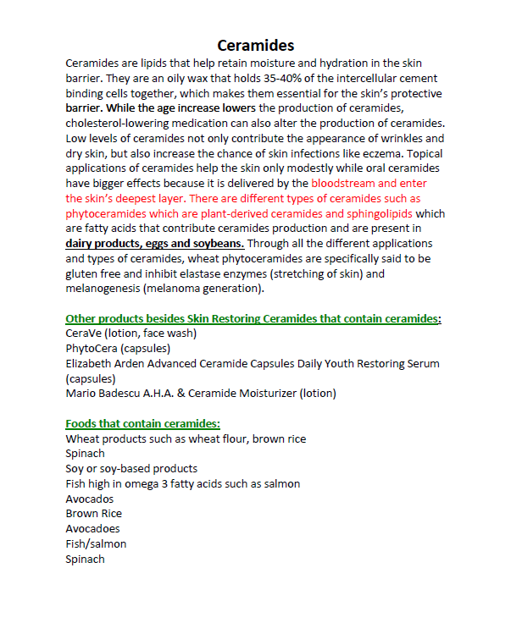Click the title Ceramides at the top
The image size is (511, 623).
[x=255, y=45]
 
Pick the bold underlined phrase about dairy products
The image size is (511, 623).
[x=155, y=244]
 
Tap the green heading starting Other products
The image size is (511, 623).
[x=253, y=319]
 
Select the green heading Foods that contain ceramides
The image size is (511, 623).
[x=142, y=424]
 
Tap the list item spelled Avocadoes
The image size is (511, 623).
[x=94, y=528]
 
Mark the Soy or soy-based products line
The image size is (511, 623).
[x=131, y=468]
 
